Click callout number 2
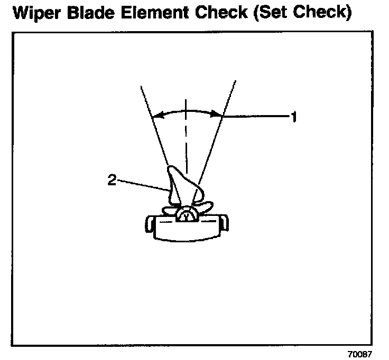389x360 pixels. (x=112, y=179)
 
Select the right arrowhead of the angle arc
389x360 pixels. (x=218, y=113)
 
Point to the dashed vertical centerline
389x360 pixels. (x=186, y=137)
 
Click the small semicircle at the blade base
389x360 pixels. (x=186, y=215)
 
